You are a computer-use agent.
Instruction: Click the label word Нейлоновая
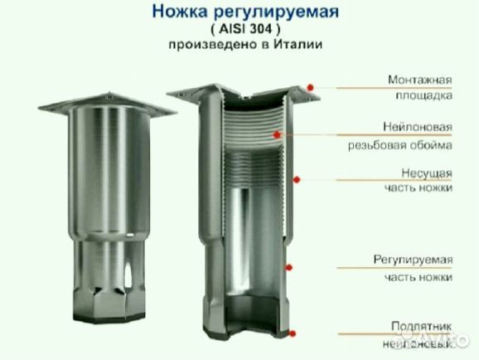[x=418, y=128]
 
